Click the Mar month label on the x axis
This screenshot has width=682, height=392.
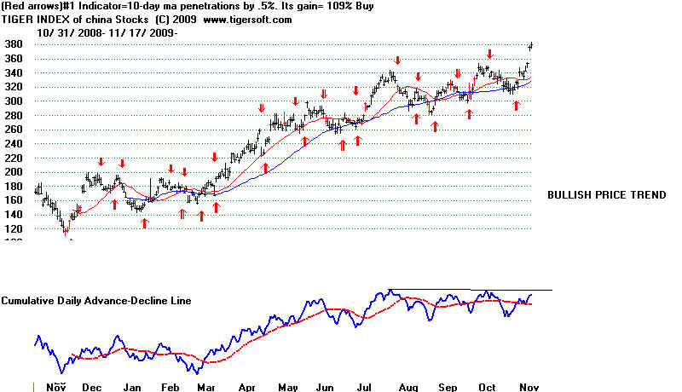[206, 386]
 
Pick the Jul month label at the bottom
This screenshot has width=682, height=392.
[368, 386]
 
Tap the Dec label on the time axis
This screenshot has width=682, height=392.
[90, 386]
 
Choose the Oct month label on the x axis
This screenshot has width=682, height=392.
[487, 386]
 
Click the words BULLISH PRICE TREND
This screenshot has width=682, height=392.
[606, 195]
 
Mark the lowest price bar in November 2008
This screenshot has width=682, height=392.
[65, 229]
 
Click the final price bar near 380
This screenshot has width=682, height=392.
[531, 45]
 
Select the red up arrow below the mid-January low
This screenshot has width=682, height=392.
[145, 223]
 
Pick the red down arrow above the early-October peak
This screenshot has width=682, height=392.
[489, 54]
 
